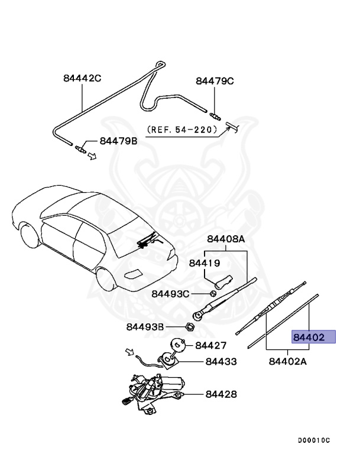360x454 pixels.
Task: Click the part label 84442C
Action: [83, 77]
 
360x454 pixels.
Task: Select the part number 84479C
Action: [215, 81]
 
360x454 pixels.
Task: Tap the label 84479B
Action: [118, 141]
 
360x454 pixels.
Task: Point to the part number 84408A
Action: [225, 239]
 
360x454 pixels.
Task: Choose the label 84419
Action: [204, 262]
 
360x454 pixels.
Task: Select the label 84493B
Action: [145, 326]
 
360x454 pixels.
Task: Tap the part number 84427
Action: [211, 345]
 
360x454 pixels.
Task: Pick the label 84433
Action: [221, 361]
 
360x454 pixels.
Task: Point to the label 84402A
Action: [287, 361]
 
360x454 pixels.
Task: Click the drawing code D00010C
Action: [314, 440]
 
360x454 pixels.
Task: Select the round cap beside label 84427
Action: [177, 344]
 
